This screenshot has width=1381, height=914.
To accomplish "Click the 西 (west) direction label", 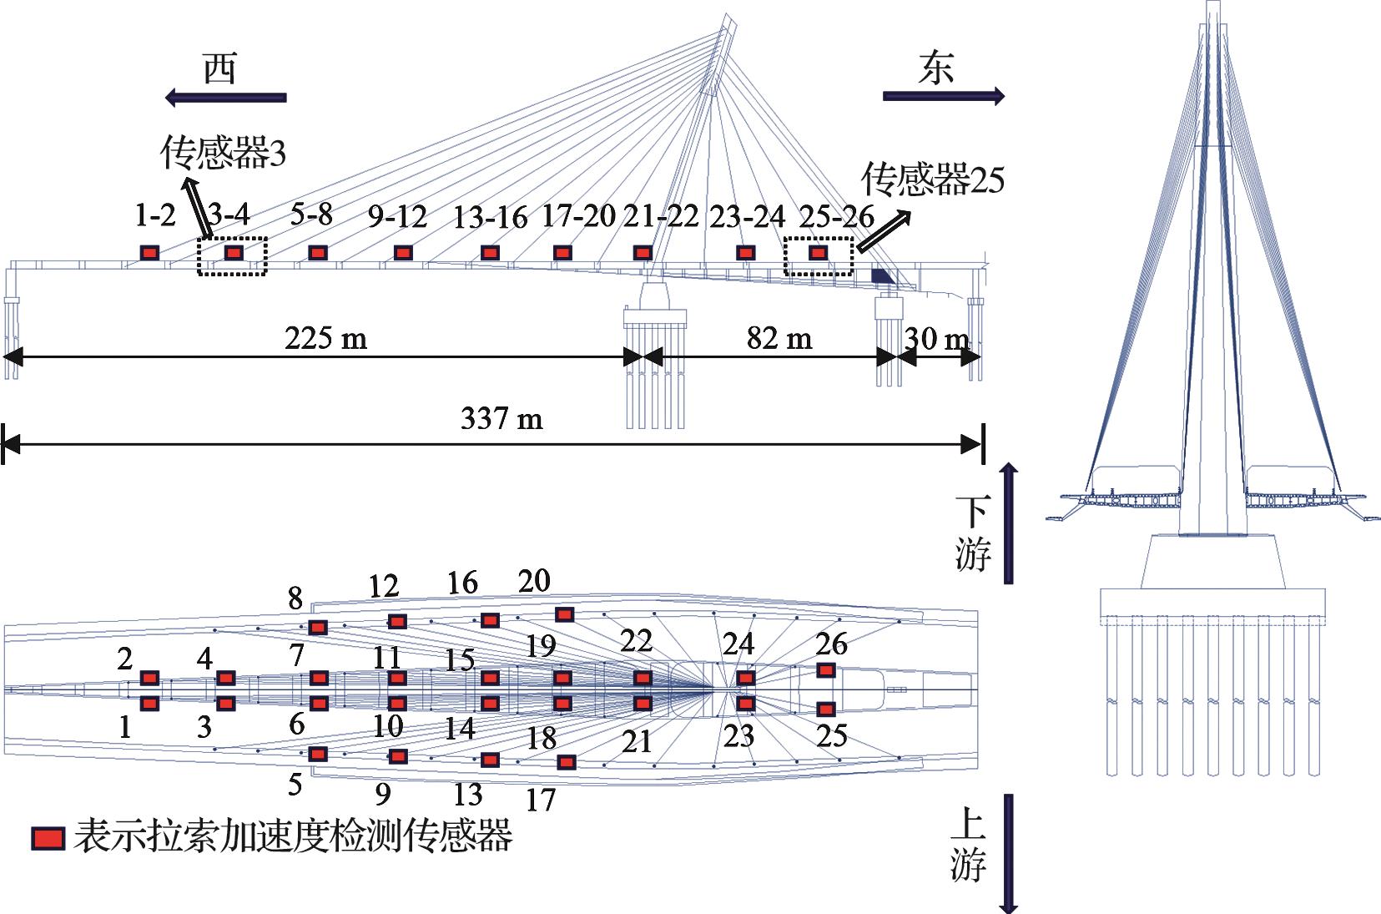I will pos(220,68).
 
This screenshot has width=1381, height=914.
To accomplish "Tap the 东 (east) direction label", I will pos(935,68).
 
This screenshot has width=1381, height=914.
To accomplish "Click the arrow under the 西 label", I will pos(225,98).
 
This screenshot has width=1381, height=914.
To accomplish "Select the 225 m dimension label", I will pos(325,338).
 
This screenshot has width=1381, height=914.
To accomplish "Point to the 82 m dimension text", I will pos(779,337).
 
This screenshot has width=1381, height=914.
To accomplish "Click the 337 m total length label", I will pos(501,417).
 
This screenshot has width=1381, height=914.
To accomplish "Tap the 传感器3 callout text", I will pos(223,153).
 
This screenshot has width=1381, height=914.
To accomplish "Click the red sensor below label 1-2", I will pos(149,252).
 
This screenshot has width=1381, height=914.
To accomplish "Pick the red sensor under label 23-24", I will pos(745,252).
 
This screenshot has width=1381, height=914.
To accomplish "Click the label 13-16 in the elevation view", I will pos(490,218).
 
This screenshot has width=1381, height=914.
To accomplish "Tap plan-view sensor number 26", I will pos(831,643).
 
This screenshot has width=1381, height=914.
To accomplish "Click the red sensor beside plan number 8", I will pos(318,627).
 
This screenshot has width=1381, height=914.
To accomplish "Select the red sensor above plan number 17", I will pos(566,762).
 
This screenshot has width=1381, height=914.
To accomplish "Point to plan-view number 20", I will pos(534,580).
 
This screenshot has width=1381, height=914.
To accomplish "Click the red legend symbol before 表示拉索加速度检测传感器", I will pos(48,838).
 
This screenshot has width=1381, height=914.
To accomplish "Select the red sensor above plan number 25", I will pos(825,709).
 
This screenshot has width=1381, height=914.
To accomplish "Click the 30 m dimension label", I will pos(937,338).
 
